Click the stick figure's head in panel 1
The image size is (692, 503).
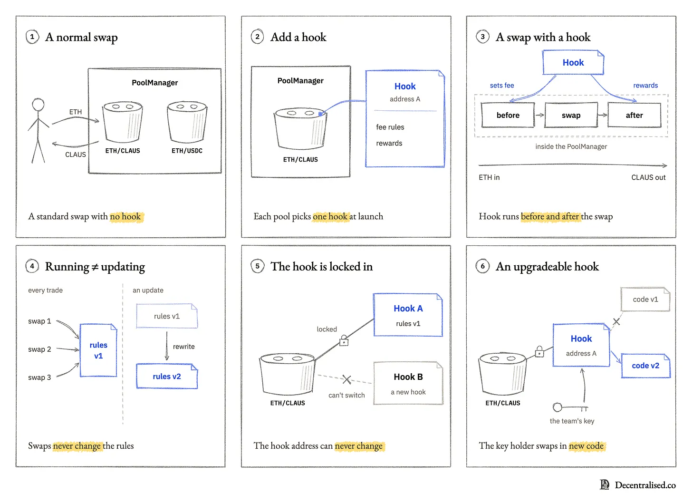point(38,105)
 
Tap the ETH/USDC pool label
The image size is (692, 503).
point(187,151)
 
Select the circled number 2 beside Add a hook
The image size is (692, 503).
point(257,37)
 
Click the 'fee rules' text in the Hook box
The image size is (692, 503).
point(390,127)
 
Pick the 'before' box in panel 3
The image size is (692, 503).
point(508,115)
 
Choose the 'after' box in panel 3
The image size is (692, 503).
point(634,115)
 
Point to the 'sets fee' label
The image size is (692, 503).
point(502,85)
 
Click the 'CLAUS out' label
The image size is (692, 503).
point(648,177)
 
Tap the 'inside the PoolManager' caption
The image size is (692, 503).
point(571,146)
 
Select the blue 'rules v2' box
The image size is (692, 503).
point(167,377)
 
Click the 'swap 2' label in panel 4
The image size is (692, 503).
point(39,349)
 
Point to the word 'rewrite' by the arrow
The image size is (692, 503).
point(184,347)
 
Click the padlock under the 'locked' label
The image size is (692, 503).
point(344,340)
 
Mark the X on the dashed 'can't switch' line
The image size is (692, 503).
point(346,379)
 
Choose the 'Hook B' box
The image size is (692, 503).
point(408,383)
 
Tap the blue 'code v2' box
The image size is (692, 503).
point(645,366)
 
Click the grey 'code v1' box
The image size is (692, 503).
point(645,300)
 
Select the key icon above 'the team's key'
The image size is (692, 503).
point(570,407)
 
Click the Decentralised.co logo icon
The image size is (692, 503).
point(605,485)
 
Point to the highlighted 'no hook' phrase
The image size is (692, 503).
point(125,217)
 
